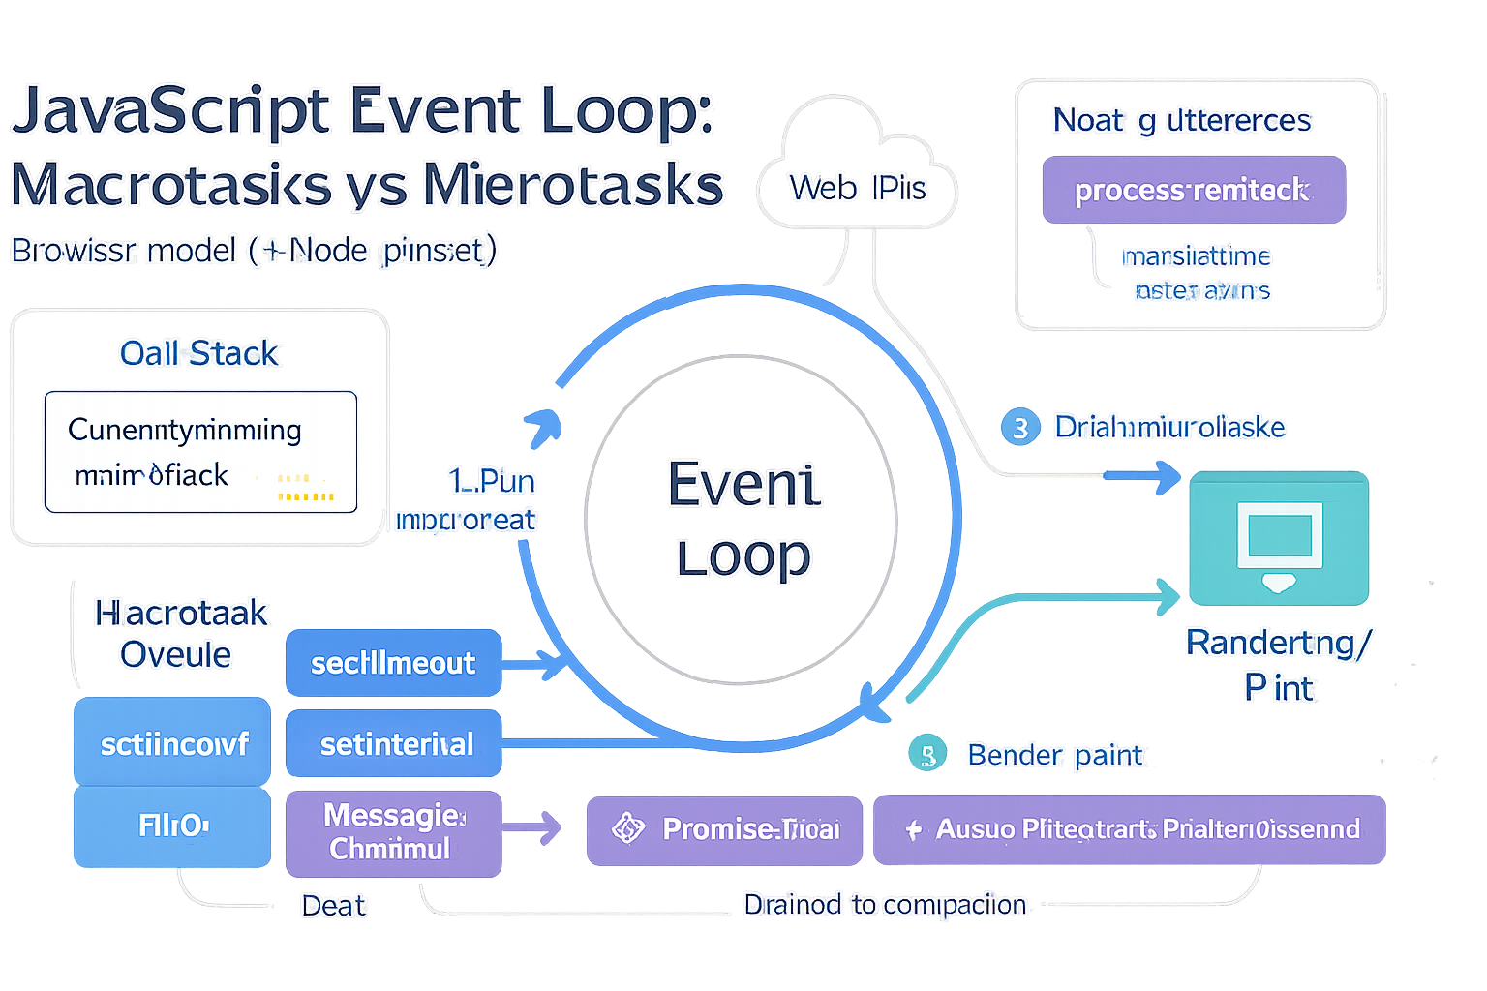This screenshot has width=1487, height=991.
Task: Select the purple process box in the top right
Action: click(x=1193, y=190)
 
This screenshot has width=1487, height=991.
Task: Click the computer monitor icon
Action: click(x=1279, y=543)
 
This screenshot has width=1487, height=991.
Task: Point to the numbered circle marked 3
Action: click(x=1019, y=427)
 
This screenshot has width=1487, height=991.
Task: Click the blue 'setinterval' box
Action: click(x=394, y=743)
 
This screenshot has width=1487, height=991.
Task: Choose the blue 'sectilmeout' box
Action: click(x=393, y=663)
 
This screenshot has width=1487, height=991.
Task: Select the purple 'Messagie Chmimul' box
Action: click(x=393, y=832)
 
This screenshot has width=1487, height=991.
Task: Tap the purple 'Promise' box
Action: click(x=724, y=829)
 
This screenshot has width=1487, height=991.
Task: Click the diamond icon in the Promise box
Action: click(x=628, y=828)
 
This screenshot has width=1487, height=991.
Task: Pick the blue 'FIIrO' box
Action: click(x=172, y=826)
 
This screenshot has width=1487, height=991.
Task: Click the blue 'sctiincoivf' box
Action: click(x=172, y=742)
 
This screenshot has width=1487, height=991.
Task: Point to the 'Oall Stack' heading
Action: click(x=198, y=353)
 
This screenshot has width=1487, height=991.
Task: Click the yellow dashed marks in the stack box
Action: click(x=305, y=488)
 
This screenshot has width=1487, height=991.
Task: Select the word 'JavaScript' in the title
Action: click(x=170, y=110)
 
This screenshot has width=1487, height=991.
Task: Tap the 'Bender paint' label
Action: click(x=1055, y=755)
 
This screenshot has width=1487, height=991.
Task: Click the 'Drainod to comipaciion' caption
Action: click(x=885, y=904)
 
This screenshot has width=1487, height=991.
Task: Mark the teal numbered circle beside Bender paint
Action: click(x=926, y=755)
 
